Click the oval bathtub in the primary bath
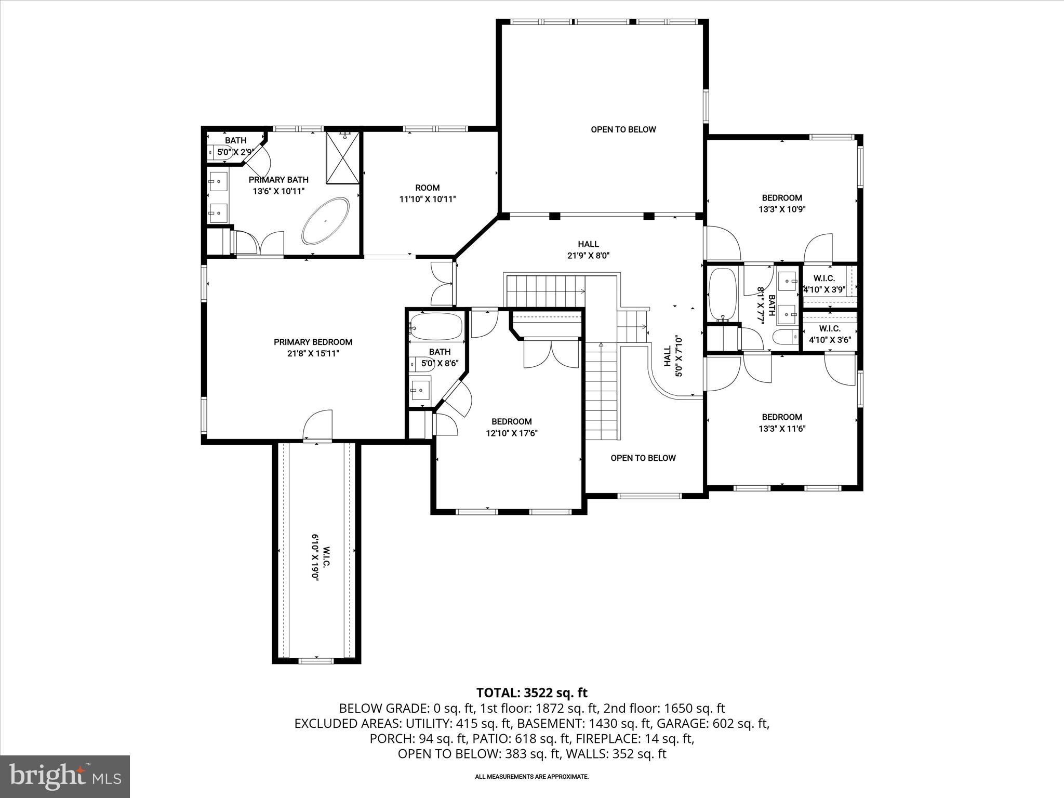[326, 221]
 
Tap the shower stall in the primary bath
[342, 158]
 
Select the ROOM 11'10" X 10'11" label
[427, 193]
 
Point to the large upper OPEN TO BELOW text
[623, 129]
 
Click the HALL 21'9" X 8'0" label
[588, 249]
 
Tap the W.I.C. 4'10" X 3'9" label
[824, 284]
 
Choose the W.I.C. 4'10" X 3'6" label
[830, 334]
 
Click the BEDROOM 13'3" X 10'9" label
[781, 203]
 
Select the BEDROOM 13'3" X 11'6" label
[781, 422]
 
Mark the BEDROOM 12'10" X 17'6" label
[511, 427]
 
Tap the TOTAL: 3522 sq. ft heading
[531, 693]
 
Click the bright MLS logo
[65, 776]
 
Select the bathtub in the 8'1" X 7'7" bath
[723, 294]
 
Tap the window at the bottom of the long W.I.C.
[316, 661]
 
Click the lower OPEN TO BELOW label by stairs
[643, 458]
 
